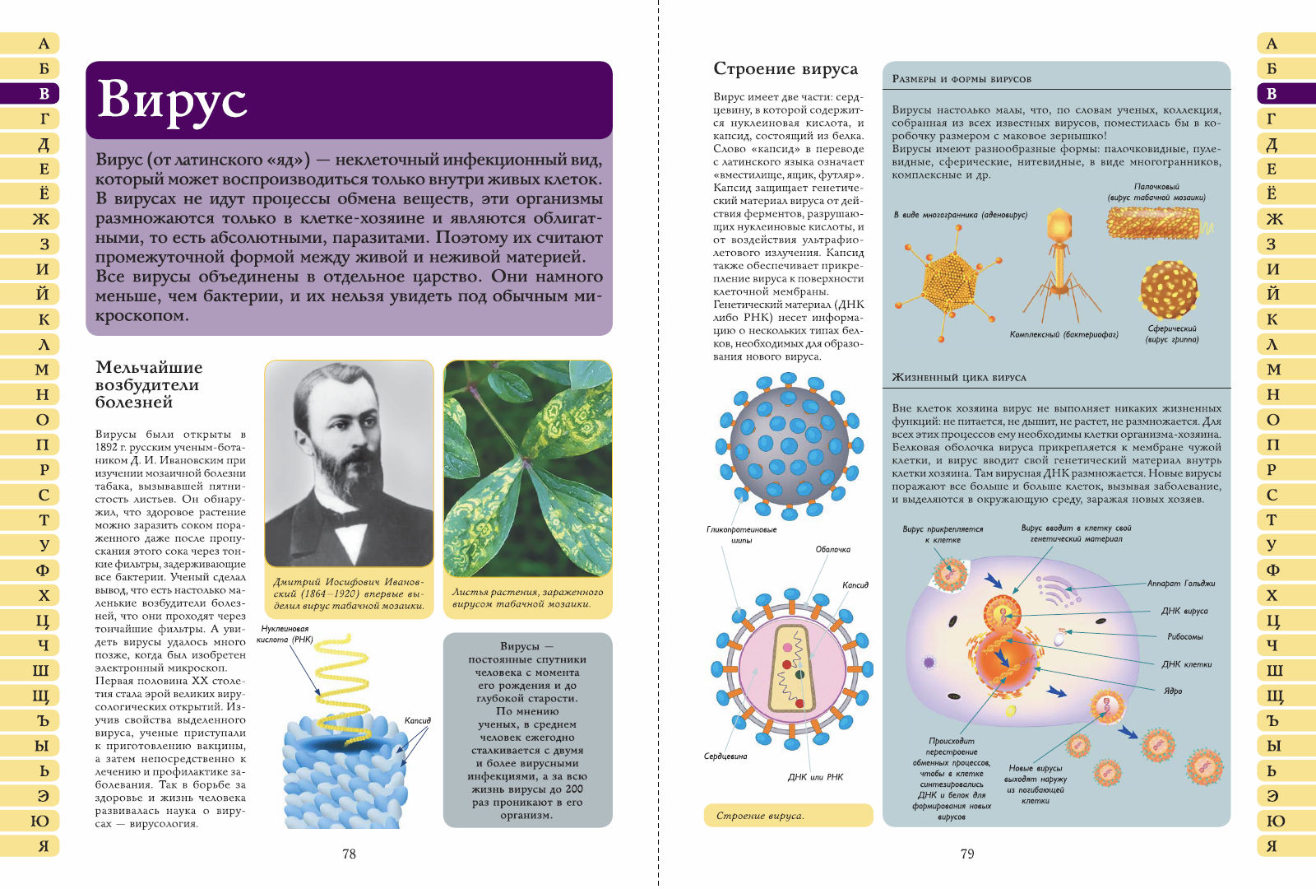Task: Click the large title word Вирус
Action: (172, 100)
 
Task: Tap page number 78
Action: (349, 854)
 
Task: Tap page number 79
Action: (967, 854)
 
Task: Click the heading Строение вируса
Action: (785, 69)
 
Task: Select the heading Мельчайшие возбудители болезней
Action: (148, 384)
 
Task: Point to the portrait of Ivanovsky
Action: (349, 463)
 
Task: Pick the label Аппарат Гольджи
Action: (1181, 584)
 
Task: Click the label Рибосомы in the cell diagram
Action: (1184, 636)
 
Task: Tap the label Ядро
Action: (1173, 691)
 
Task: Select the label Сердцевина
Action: (725, 756)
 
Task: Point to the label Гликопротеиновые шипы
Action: (741, 534)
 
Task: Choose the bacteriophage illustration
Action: (1059, 263)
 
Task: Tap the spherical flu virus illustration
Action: (1169, 290)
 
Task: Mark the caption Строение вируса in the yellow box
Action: (760, 816)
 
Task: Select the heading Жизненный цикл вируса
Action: (959, 378)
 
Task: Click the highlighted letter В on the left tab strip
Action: (44, 94)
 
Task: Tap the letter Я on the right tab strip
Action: (1272, 846)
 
